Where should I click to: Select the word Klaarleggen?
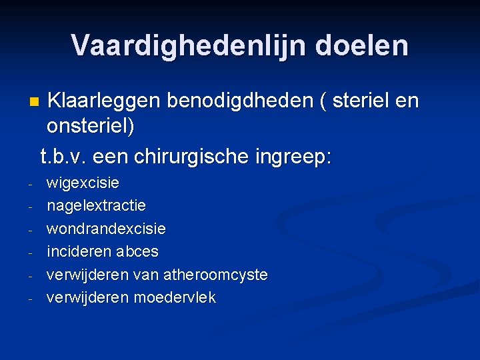point(105,101)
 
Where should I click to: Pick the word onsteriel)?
point(91,126)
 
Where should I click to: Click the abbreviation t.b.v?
point(64,157)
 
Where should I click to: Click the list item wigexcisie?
point(83,182)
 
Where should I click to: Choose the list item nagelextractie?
point(96,205)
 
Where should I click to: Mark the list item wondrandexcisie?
point(106,229)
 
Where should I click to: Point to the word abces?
point(137,251)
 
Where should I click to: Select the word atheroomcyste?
point(214,275)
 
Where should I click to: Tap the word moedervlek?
point(175,297)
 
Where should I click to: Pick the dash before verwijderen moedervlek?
point(31,299)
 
